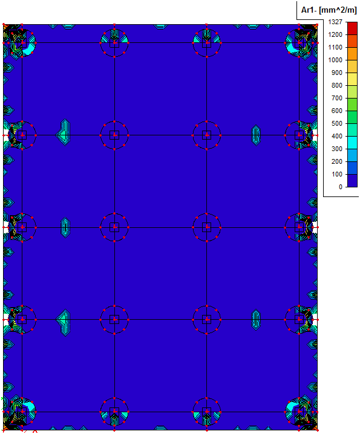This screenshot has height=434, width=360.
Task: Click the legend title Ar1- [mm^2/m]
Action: tap(329, 10)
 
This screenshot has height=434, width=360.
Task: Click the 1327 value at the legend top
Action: tap(335, 22)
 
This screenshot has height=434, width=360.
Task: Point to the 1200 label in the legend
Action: tap(335, 34)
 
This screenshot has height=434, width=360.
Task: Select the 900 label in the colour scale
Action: tap(337, 73)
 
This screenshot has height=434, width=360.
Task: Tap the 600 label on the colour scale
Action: tap(337, 111)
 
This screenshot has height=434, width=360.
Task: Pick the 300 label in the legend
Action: tap(337, 149)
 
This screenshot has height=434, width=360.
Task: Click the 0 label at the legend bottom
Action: tap(341, 187)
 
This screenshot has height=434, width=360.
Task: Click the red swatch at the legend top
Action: tap(352, 28)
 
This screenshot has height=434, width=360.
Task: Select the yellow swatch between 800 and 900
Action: tap(352, 79)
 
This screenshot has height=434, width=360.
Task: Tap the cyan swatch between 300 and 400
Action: tap(352, 143)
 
